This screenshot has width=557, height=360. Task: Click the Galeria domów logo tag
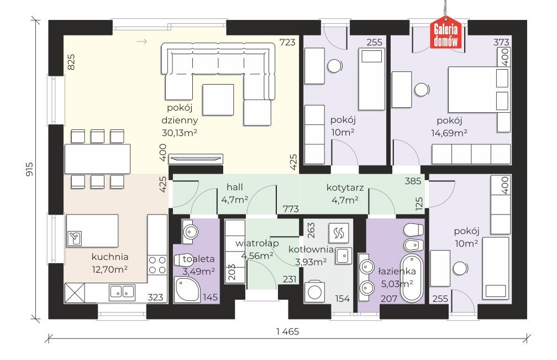coord(446,32)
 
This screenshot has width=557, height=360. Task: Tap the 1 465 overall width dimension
coord(288,332)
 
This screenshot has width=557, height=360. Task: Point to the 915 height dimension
coord(29,169)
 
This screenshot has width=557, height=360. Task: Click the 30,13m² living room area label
coord(180,133)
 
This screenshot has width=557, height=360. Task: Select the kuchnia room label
coord(110,257)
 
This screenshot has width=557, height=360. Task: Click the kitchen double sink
coord(122,292)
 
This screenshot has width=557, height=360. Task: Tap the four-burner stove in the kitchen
coord(157,265)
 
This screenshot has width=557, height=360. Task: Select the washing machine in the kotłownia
coord(314,292)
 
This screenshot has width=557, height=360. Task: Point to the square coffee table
coord(218,100)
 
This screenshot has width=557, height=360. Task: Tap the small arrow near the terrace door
coord(141,42)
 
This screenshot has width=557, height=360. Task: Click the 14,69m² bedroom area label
coord(449,133)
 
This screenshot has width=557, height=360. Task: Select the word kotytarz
coord(345,187)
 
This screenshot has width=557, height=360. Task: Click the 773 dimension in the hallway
coord(291,209)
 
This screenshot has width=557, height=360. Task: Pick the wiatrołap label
coord(257,243)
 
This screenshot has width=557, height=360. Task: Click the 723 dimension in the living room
coord(287,42)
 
